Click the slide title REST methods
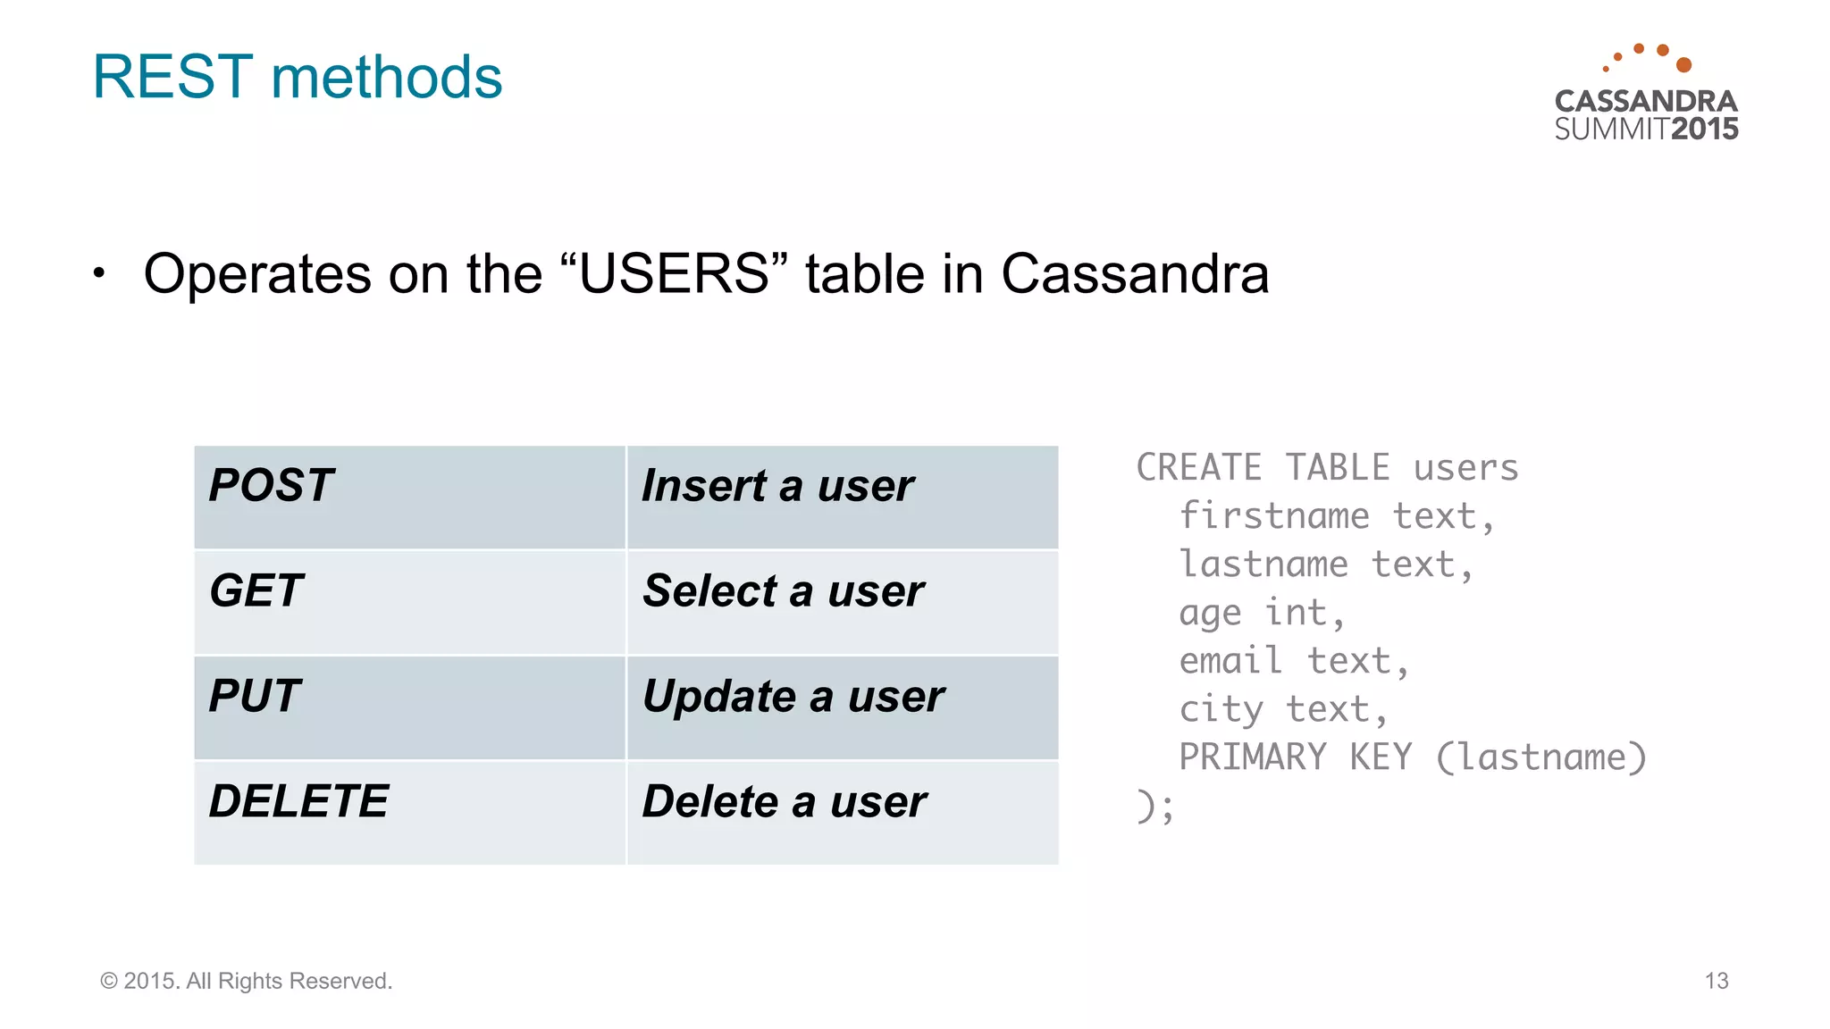click(x=297, y=77)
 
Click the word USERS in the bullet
click(x=674, y=273)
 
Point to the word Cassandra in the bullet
click(x=1134, y=273)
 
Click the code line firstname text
click(x=1336, y=516)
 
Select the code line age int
click(x=1261, y=613)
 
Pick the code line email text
click(x=1293, y=661)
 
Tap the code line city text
click(x=1282, y=709)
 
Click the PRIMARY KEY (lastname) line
click(x=1412, y=757)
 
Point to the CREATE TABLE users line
click(x=1327, y=468)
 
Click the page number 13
click(x=1716, y=981)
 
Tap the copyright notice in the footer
click(x=247, y=981)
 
